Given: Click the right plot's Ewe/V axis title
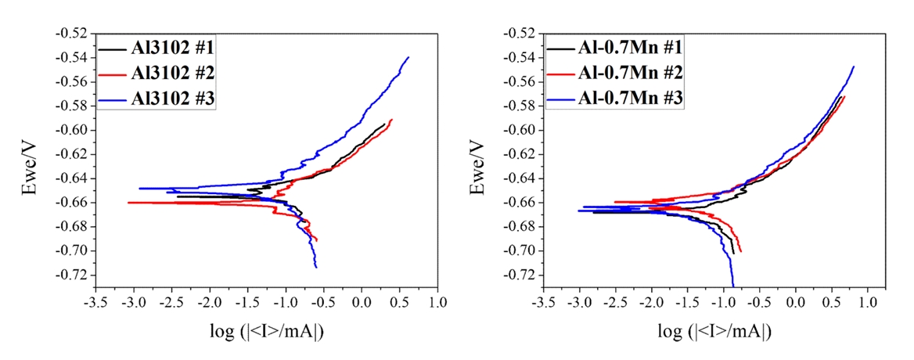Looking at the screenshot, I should point(479,160).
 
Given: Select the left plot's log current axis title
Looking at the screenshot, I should point(266,332).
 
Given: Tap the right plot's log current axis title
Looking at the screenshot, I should point(714,332).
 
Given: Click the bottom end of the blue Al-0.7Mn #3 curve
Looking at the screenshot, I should point(733,286).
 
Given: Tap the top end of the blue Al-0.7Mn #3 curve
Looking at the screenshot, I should point(854,67).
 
